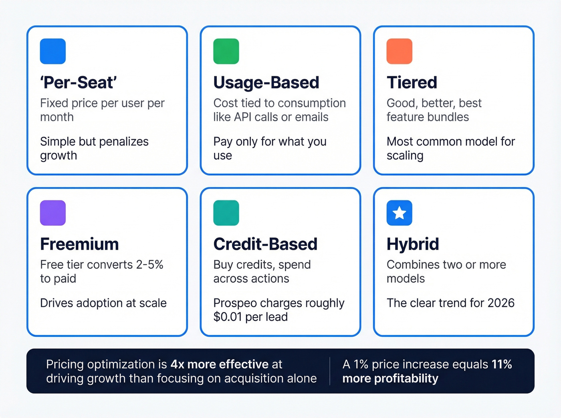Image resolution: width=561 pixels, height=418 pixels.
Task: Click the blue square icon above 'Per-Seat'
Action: pyautogui.click(x=53, y=51)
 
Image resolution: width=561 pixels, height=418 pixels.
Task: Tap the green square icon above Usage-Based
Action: pyautogui.click(x=226, y=51)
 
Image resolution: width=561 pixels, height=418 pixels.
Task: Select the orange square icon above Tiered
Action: pyautogui.click(x=399, y=51)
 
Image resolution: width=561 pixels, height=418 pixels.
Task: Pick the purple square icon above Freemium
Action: pyautogui.click(x=53, y=213)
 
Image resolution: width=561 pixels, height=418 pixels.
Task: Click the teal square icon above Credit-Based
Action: pyautogui.click(x=226, y=213)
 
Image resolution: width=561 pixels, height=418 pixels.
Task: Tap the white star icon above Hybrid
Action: pyautogui.click(x=399, y=213)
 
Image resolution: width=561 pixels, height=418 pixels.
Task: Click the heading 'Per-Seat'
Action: pyautogui.click(x=79, y=82)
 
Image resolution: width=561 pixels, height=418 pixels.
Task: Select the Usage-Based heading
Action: pyautogui.click(x=266, y=82)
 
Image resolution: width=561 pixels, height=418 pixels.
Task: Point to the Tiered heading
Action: pyautogui.click(x=412, y=82)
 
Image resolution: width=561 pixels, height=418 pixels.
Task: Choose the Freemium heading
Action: pyautogui.click(x=79, y=244)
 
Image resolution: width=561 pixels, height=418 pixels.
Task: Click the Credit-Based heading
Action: pyautogui.click(x=265, y=244)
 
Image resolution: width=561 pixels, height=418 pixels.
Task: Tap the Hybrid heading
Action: pyautogui.click(x=413, y=244)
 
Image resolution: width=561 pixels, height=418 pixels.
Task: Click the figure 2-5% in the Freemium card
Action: pyautogui.click(x=149, y=265)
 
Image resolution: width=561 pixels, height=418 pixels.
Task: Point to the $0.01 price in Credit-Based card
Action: pyautogui.click(x=228, y=317)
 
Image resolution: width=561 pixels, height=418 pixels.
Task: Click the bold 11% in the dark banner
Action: pyautogui.click(x=502, y=364)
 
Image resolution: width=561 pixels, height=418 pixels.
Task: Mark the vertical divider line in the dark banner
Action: pyautogui.click(x=330, y=371)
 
